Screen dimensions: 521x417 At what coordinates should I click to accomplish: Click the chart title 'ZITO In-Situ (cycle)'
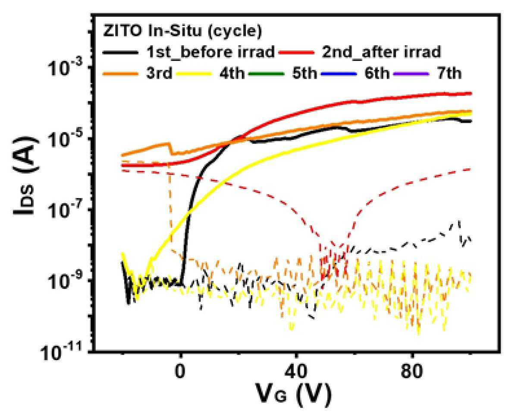pos(182,32)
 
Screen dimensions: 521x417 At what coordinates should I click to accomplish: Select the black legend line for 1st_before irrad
pos(121,53)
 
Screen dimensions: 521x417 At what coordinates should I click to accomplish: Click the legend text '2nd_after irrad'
pos(382,52)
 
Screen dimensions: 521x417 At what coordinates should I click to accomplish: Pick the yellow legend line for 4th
pos(194,73)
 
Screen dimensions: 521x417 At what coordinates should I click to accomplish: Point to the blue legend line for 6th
pos(339,73)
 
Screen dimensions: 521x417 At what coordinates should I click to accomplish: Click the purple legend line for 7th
pos(411,73)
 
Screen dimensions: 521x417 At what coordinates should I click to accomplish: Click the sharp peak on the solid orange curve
pos(168,143)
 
